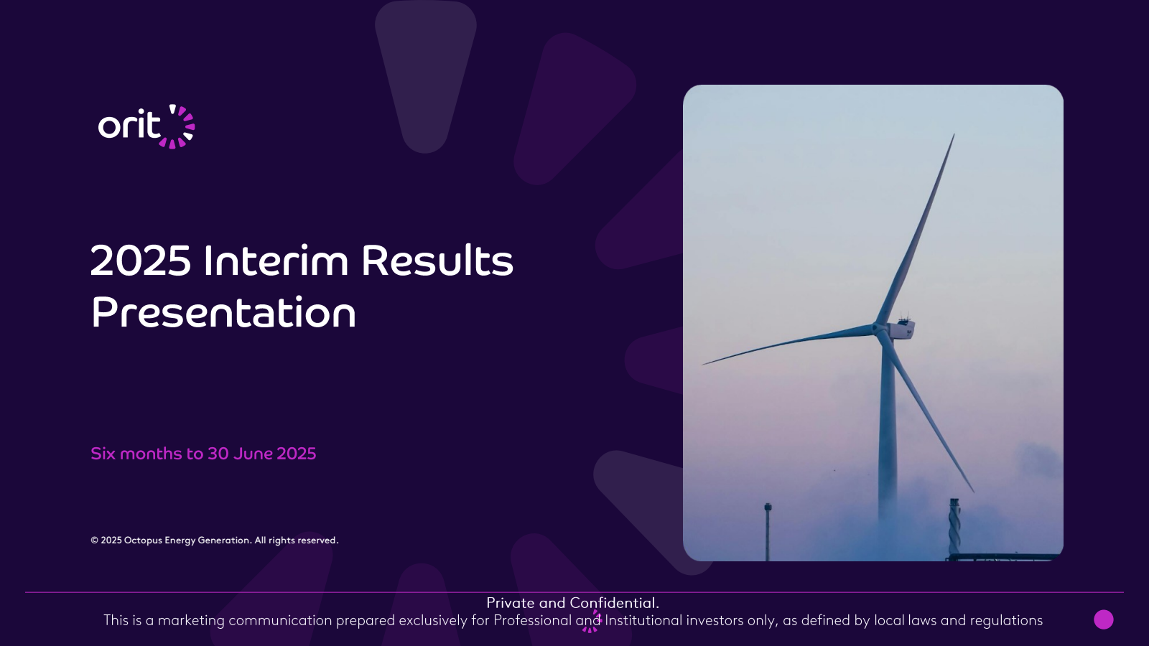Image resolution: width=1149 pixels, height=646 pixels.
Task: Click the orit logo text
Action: coord(130,125)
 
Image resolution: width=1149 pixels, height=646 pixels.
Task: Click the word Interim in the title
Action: coord(276,261)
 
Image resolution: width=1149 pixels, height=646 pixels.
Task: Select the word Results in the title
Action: coord(437,261)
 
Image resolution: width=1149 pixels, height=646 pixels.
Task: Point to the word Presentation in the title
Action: coord(223,312)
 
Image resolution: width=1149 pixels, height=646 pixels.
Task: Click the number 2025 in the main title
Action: coord(141,261)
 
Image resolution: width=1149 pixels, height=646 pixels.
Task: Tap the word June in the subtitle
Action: coord(252,454)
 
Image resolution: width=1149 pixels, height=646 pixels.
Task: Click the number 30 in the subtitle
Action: coord(218,454)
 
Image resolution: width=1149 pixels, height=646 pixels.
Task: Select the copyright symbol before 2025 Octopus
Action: coord(94,540)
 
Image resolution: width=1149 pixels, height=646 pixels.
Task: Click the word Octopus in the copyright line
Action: coord(143,540)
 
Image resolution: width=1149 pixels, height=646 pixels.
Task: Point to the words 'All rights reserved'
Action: coord(297,540)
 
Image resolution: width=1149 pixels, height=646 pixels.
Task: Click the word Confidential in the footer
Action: coord(615,603)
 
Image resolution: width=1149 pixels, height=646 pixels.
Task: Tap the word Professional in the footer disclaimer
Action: coord(532,620)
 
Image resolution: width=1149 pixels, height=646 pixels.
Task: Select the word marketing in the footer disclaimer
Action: coord(191,621)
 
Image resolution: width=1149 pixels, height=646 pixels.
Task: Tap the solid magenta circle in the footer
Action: coord(1104,619)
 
